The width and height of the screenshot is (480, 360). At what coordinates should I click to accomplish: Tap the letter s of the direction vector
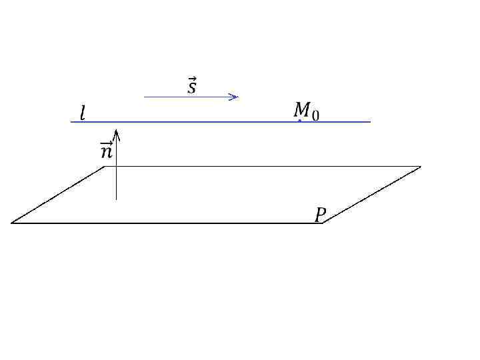pyautogui.click(x=192, y=88)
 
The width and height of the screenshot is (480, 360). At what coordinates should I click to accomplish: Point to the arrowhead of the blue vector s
pyautogui.click(x=236, y=97)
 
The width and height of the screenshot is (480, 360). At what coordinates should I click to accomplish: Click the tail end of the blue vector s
pyautogui.click(x=145, y=97)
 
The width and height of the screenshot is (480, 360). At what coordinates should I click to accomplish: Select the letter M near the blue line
pyautogui.click(x=302, y=109)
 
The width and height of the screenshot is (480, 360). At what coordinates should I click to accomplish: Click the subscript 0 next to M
pyautogui.click(x=315, y=115)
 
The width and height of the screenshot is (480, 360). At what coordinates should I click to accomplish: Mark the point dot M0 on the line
pyautogui.click(x=300, y=121)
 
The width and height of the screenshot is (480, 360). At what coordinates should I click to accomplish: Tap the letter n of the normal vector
pyautogui.click(x=106, y=153)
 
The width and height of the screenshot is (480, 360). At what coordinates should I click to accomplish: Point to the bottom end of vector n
pyautogui.click(x=116, y=199)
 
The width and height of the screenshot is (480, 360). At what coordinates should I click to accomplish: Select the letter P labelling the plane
pyautogui.click(x=321, y=215)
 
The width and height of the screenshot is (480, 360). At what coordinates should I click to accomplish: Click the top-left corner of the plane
pyautogui.click(x=105, y=167)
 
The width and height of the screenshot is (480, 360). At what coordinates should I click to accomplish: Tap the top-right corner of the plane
pyautogui.click(x=421, y=167)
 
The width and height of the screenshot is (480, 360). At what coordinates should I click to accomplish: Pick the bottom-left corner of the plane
pyautogui.click(x=11, y=223)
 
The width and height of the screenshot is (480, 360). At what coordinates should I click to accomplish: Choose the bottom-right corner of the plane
pyautogui.click(x=323, y=223)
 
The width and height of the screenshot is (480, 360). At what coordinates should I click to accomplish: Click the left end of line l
pyautogui.click(x=71, y=122)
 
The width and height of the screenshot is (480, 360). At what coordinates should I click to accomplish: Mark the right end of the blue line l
pyautogui.click(x=370, y=122)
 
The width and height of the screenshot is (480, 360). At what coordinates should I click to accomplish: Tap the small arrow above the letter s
pyautogui.click(x=192, y=79)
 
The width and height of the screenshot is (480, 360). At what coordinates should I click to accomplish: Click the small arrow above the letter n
pyautogui.click(x=106, y=144)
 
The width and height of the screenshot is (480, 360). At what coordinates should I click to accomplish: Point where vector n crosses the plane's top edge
pyautogui.click(x=116, y=167)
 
